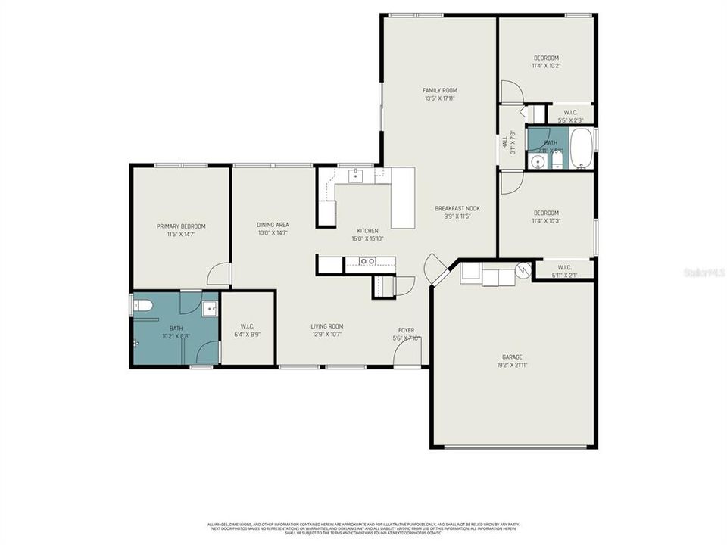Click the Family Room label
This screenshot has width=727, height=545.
[439, 90]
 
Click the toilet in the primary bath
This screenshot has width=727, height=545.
[143, 306]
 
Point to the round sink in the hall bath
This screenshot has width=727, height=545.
[539, 161]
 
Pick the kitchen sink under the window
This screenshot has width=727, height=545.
[357, 176]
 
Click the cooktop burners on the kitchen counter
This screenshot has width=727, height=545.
[367, 262]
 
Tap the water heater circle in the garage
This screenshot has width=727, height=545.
[522, 270]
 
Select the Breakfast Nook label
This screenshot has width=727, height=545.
[457, 208]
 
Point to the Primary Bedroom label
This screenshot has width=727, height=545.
[181, 226]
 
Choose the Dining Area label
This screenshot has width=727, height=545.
[273, 225]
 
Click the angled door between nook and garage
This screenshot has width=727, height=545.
[436, 269]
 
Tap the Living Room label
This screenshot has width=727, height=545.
[327, 326]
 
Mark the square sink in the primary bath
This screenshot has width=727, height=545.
[210, 309]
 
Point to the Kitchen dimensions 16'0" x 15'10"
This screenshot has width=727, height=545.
[367, 238]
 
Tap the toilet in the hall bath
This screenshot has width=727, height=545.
[558, 161]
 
